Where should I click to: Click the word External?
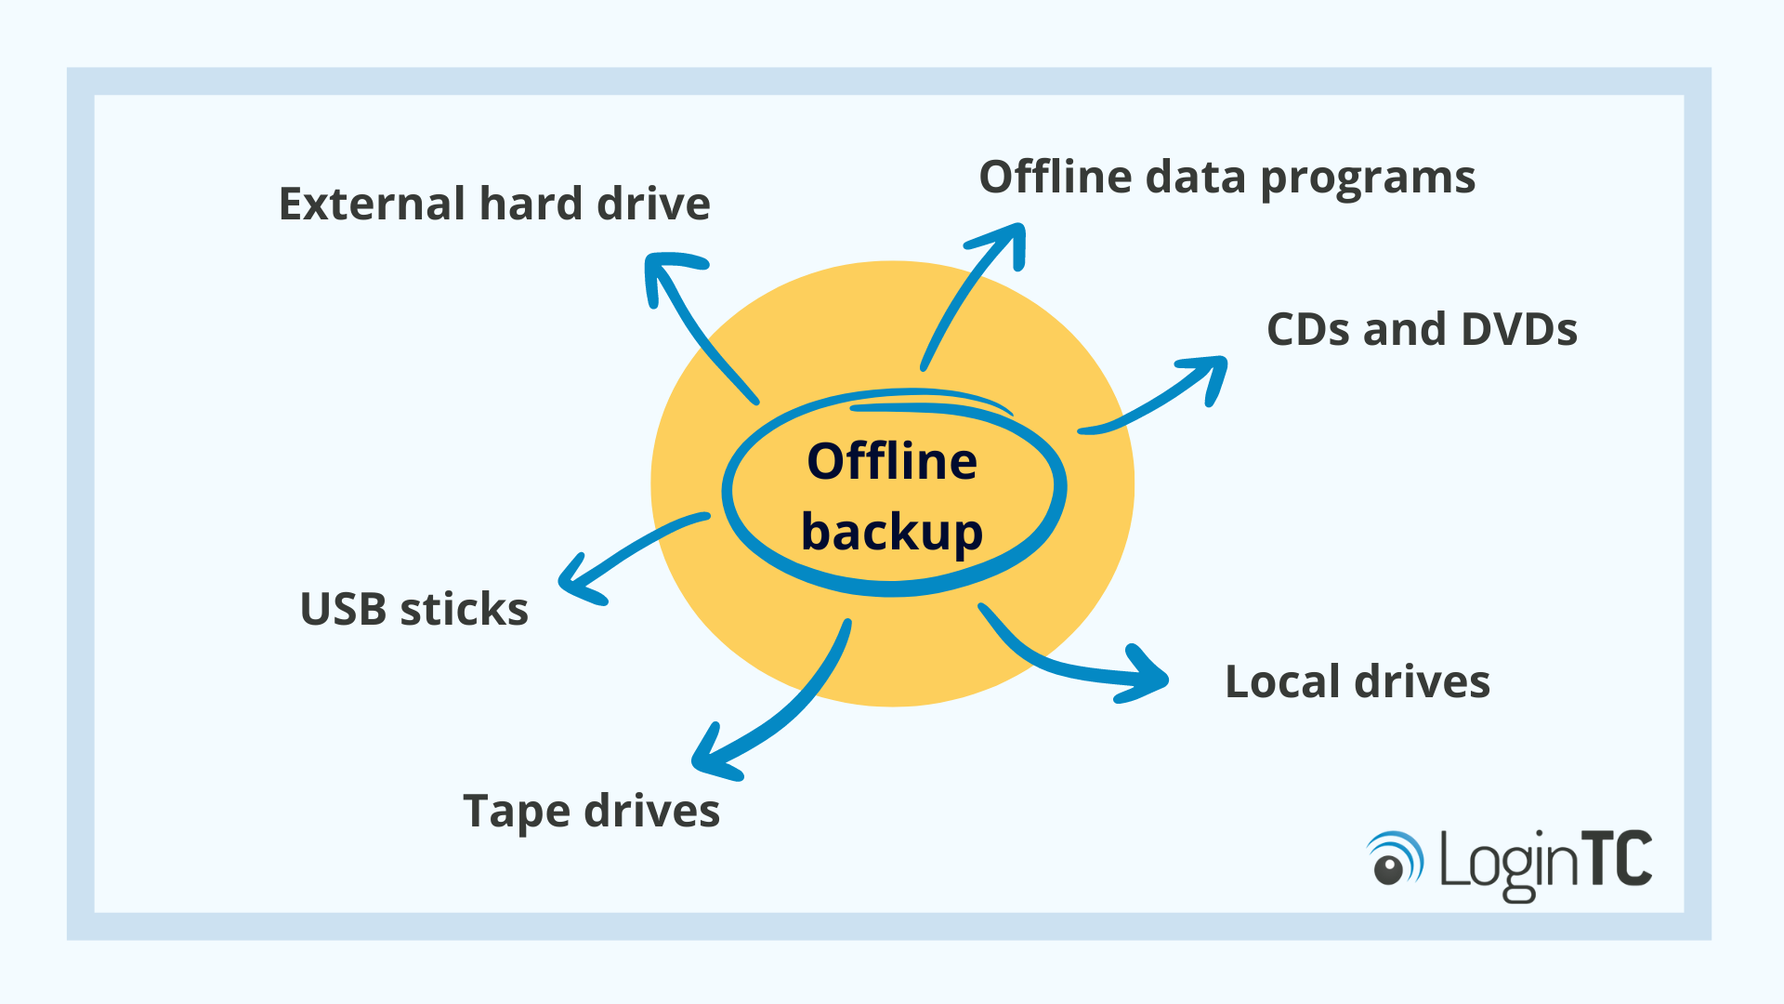pyautogui.click(x=372, y=204)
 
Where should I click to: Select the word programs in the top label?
pyautogui.click(x=1368, y=178)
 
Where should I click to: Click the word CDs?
pyautogui.click(x=1308, y=329)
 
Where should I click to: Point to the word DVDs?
pyautogui.click(x=1519, y=329)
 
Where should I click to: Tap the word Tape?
pyautogui.click(x=516, y=812)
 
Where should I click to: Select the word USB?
pyautogui.click(x=343, y=610)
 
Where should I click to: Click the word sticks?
pyautogui.click(x=464, y=610)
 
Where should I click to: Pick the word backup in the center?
pyautogui.click(x=891, y=532)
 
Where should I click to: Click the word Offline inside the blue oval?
pyautogui.click(x=891, y=461)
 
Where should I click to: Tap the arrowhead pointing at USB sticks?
pyautogui.click(x=576, y=582)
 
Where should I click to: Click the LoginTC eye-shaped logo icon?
pyautogui.click(x=1394, y=859)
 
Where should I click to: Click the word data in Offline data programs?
pyautogui.click(x=1195, y=178)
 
